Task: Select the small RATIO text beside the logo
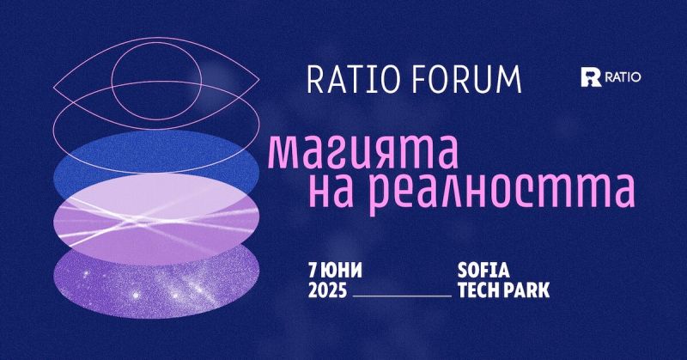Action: coord(623,77)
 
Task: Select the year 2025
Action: coord(327,290)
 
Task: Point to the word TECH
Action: coord(478,290)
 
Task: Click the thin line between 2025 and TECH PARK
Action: coord(402,295)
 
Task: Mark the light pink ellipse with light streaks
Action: coord(155,219)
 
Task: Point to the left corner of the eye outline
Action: coord(54,90)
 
